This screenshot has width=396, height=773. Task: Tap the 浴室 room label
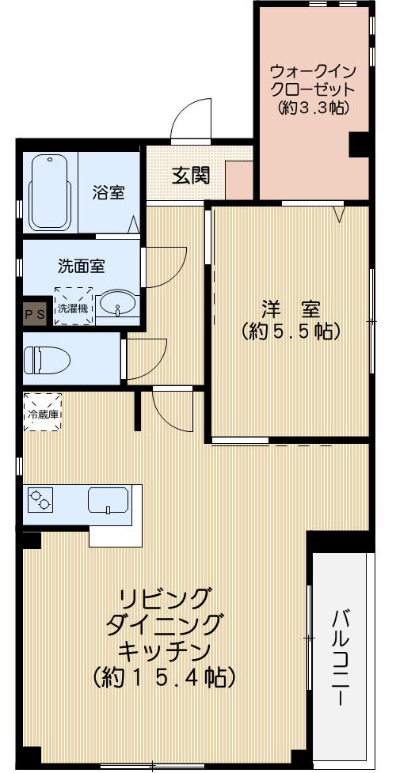coord(109,192)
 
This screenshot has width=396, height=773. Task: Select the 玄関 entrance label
coord(191,175)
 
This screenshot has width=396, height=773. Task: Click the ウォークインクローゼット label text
coord(314,78)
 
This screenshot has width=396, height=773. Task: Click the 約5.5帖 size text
coord(290,331)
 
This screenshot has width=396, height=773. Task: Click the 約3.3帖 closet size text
coord(314,108)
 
